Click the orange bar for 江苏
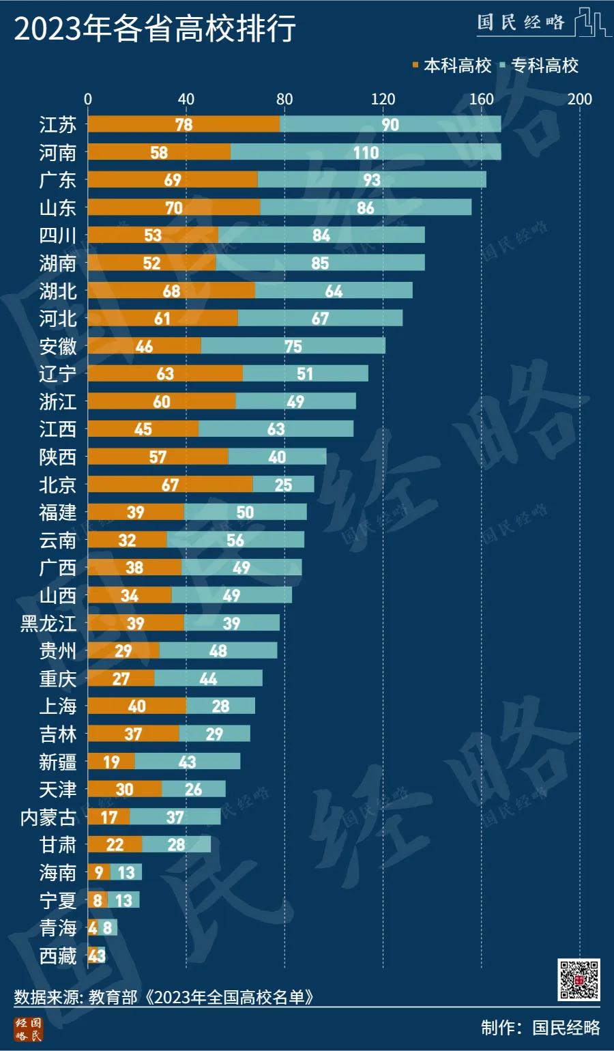point(184,124)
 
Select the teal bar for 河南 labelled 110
point(366,152)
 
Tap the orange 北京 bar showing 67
point(170,485)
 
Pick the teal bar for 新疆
point(188,762)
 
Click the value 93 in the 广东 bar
point(372,180)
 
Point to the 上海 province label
point(58,706)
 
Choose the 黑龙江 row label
point(48,623)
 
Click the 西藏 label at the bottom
point(58,955)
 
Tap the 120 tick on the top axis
point(383,99)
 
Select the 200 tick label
point(580,99)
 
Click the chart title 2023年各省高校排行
point(156,29)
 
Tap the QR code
point(579,980)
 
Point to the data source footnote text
point(164,997)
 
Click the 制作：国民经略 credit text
point(540,1028)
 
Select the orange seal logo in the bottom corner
point(29,1029)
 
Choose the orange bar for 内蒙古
point(108,817)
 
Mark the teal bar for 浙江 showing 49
point(295,401)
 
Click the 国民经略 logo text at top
point(522,23)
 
